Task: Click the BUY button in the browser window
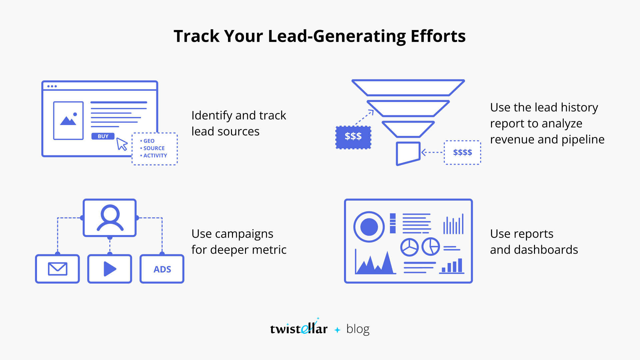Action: click(103, 136)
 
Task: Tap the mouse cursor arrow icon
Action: click(122, 144)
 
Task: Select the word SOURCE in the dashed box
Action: click(154, 148)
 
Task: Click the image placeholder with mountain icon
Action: click(68, 120)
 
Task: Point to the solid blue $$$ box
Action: click(353, 137)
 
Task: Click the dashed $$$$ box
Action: click(462, 153)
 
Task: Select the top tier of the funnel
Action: click(408, 88)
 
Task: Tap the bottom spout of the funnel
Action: click(408, 153)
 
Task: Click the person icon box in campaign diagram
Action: click(110, 218)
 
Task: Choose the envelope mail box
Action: click(57, 269)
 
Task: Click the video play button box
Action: click(110, 269)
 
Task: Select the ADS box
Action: click(162, 269)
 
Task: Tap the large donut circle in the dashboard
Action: click(369, 227)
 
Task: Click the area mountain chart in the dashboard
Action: click(375, 263)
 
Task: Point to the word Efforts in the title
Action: click(438, 36)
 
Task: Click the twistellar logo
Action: click(299, 328)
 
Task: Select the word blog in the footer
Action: click(358, 329)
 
